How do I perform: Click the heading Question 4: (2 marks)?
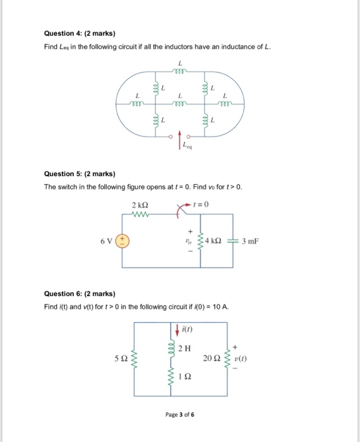pyautogui.click(x=79, y=33)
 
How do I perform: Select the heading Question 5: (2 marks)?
pyautogui.click(x=79, y=174)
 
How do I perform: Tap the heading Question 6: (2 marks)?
pyautogui.click(x=79, y=294)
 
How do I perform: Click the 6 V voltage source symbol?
pyautogui.click(x=123, y=241)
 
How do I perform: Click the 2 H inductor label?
pyautogui.click(x=184, y=349)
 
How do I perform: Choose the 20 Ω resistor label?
pyautogui.click(x=212, y=359)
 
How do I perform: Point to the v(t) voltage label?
pyautogui.click(x=242, y=359)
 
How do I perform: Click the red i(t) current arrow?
pyautogui.click(x=176, y=329)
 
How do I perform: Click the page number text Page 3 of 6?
pyautogui.click(x=180, y=415)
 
